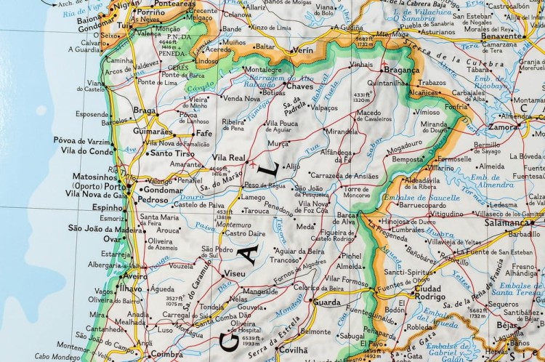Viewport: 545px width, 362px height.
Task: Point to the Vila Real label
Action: (227, 157)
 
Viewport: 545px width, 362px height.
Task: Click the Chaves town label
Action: (299, 86)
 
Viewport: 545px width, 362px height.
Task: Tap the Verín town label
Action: (303, 51)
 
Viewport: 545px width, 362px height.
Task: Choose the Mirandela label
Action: (342, 132)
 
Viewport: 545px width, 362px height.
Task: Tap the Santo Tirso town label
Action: (172, 153)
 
